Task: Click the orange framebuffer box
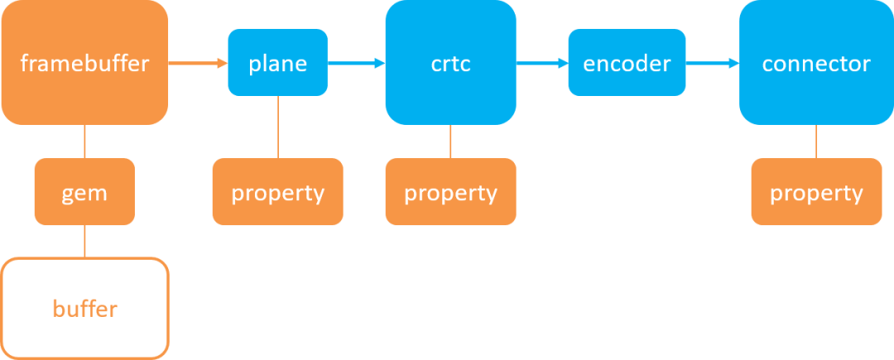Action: [x=85, y=62]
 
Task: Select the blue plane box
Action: [x=277, y=62]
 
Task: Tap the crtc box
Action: [x=451, y=62]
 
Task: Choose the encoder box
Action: [x=627, y=62]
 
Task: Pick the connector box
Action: [x=816, y=62]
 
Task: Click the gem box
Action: [x=85, y=191]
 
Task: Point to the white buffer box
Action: [x=85, y=309]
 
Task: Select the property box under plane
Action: [x=277, y=191]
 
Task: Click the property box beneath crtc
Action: [x=451, y=191]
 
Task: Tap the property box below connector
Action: [x=816, y=191]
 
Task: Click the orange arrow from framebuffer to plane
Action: [x=198, y=63]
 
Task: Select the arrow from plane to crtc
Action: [x=357, y=63]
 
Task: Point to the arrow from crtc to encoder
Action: [x=542, y=63]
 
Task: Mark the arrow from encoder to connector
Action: [x=712, y=63]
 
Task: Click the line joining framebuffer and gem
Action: [x=85, y=142]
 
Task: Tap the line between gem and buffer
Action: [x=85, y=242]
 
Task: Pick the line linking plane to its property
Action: [x=278, y=127]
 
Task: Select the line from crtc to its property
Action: [x=450, y=142]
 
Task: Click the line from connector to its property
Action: [x=816, y=142]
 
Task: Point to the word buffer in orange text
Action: [x=85, y=309]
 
